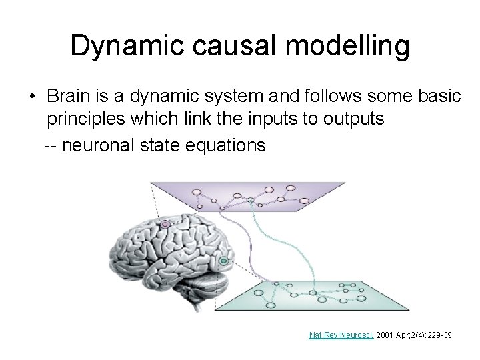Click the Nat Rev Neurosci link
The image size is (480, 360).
(x=341, y=335)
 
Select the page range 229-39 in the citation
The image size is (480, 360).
(x=436, y=335)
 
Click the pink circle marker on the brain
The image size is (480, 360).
(x=165, y=225)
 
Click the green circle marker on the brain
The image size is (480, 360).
(x=224, y=260)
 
